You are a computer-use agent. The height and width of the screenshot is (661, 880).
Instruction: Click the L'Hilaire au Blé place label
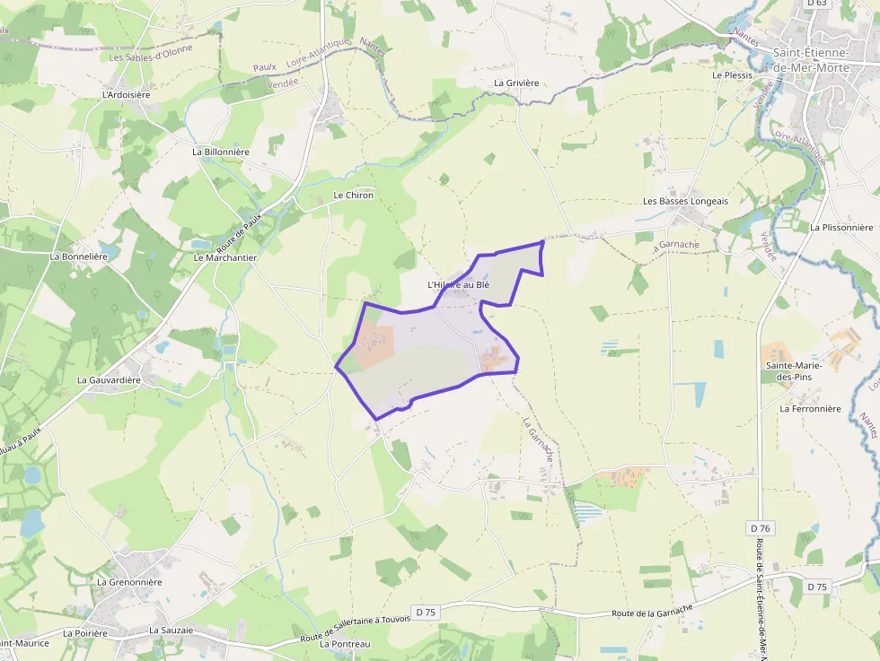(x=459, y=285)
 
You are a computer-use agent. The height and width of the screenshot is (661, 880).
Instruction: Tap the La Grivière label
(x=516, y=83)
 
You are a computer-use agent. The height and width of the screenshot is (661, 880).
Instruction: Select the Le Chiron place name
(x=353, y=195)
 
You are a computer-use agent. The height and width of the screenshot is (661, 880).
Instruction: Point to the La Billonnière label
(x=221, y=152)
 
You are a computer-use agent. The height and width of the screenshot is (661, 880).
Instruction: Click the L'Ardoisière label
(x=126, y=94)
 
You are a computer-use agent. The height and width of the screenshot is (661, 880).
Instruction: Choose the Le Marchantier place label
(x=225, y=257)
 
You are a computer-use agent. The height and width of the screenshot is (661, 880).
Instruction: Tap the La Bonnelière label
(x=79, y=257)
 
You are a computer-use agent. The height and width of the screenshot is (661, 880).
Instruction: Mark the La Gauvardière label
(x=110, y=380)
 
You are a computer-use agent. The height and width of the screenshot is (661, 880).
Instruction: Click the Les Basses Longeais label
(x=685, y=201)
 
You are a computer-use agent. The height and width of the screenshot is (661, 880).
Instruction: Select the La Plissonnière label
(x=841, y=228)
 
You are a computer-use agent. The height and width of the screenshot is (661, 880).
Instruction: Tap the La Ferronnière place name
(x=810, y=409)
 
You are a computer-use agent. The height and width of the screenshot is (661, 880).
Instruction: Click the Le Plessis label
(x=732, y=75)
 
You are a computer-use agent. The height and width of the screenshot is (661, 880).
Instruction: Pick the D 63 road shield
(x=816, y=4)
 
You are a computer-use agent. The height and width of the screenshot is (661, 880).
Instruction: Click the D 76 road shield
(x=760, y=528)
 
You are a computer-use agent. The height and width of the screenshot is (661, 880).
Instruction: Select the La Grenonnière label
(x=129, y=582)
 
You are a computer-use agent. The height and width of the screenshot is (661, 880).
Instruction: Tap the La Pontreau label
(x=345, y=644)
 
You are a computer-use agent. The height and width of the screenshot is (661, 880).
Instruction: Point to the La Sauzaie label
(x=171, y=631)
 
